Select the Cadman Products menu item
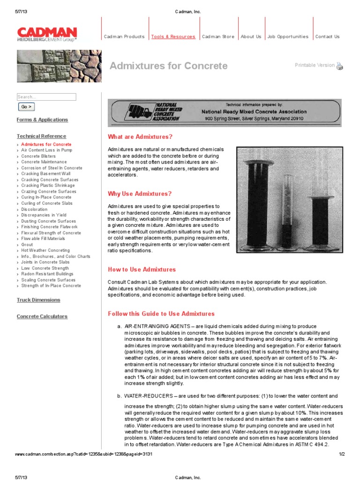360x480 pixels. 124,37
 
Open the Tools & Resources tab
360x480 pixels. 173,37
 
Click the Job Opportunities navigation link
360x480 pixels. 288,37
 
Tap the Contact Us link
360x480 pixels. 327,37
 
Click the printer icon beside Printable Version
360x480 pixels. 340,66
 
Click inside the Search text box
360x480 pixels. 46,97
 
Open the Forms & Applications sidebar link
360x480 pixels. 42,120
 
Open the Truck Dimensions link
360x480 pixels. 39,300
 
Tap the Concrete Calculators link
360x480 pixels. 42,317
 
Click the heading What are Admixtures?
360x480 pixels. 140,137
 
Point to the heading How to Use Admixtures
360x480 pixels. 142,270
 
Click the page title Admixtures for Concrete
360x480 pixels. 168,66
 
